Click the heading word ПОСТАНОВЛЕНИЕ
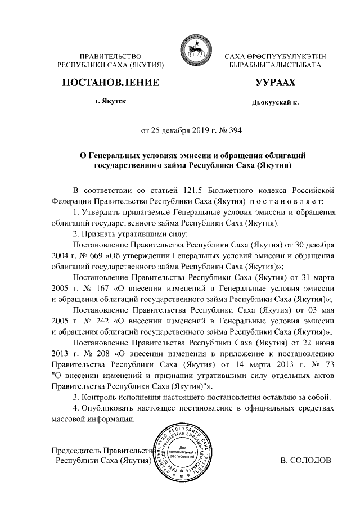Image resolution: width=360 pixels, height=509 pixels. pyautogui.click(x=110, y=83)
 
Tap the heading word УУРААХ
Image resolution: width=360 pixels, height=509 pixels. pyautogui.click(x=275, y=83)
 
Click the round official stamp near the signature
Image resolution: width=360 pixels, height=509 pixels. pyautogui.click(x=184, y=453)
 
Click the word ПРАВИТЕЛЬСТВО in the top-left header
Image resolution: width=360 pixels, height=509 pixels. pyautogui.click(x=110, y=56)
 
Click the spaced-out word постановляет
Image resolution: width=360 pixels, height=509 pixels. pyautogui.click(x=287, y=201)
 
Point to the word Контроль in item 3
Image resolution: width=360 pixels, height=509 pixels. pyautogui.click(x=100, y=398)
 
